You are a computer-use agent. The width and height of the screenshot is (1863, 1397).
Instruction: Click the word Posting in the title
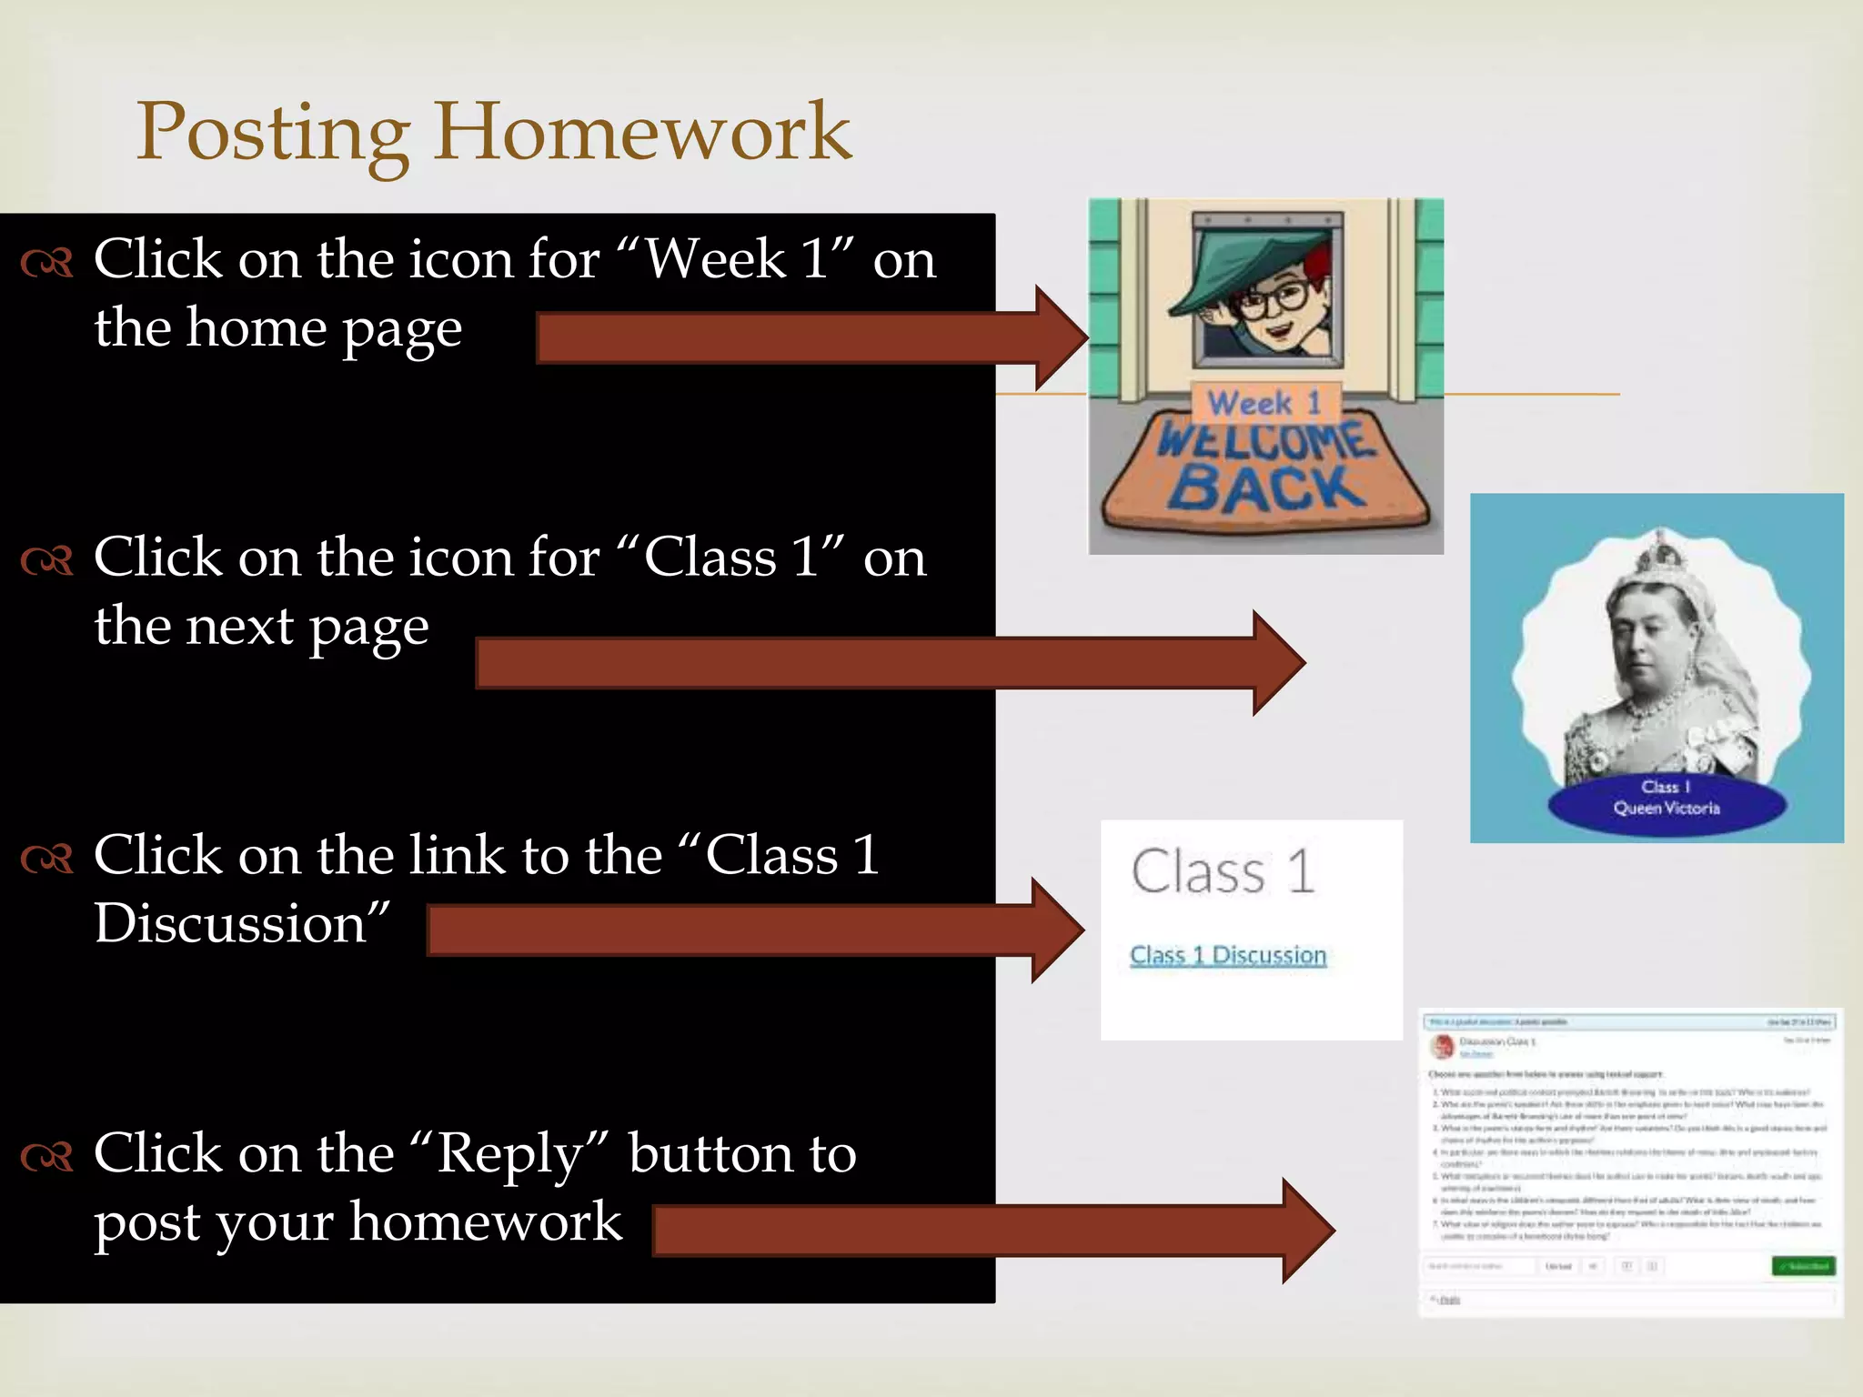click(x=273, y=133)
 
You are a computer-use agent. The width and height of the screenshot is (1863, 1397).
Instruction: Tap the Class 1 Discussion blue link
click(x=1227, y=955)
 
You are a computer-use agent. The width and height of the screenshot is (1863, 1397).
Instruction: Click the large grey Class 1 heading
click(x=1223, y=871)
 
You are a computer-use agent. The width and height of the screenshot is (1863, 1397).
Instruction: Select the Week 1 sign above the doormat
click(x=1264, y=402)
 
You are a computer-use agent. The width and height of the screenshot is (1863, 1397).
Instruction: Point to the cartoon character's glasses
click(x=1278, y=299)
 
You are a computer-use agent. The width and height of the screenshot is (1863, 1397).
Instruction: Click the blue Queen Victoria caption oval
click(x=1667, y=799)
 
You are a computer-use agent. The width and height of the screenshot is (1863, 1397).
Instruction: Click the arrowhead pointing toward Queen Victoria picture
click(x=1278, y=663)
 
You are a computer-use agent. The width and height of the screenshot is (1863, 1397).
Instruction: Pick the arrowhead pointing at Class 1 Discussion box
click(x=1057, y=930)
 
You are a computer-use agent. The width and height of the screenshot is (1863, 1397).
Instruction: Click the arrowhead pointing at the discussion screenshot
click(x=1307, y=1231)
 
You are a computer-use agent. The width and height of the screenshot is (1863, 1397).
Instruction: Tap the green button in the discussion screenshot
click(x=1803, y=1265)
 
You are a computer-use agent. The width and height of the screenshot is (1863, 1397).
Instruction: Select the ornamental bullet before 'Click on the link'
click(x=46, y=858)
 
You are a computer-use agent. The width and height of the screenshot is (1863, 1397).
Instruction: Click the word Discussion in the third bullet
click(x=230, y=925)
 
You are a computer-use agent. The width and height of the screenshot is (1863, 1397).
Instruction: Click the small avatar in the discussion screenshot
click(x=1443, y=1046)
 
